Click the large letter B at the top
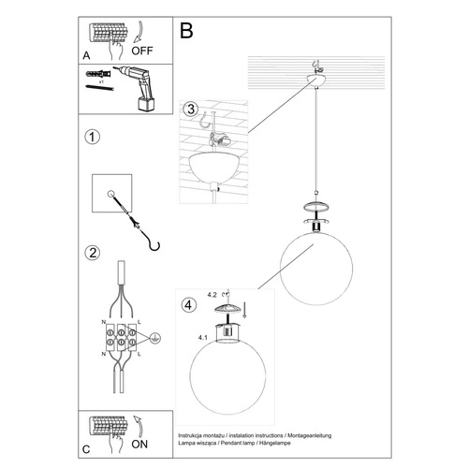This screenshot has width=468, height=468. pos(186,31)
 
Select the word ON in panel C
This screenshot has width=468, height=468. pos(141,444)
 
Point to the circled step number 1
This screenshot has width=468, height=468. pos(92,139)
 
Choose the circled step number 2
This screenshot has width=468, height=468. pos(92,252)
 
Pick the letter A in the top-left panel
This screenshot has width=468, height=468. pos(86,55)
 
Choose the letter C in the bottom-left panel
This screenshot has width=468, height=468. pos(86,444)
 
